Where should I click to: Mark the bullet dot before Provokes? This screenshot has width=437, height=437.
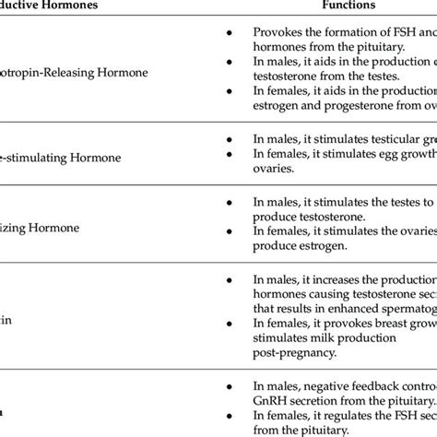click(x=228, y=33)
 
